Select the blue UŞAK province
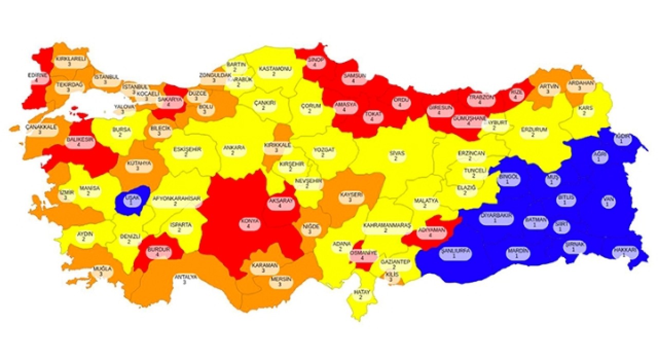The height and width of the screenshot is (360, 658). (132, 200)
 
